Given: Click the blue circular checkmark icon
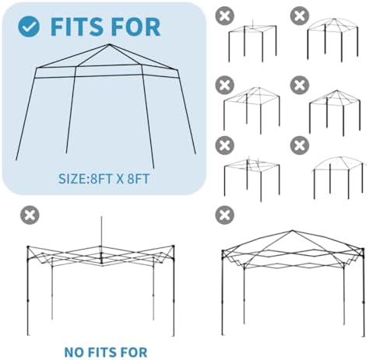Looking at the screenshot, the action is point(29,26).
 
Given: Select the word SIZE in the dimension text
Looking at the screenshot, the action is point(72,179).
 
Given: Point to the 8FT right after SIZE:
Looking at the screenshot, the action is point(101,179).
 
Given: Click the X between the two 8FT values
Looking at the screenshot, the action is point(120,179).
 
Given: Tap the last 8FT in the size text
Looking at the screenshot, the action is point(139,179).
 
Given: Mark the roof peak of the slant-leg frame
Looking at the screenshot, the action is point(109,44).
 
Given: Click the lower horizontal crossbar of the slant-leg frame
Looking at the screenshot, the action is point(107,76).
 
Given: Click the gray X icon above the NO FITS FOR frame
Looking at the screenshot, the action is point(30,215).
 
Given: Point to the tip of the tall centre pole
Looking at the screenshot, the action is point(101,217).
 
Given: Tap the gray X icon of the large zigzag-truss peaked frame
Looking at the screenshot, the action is point(225,215).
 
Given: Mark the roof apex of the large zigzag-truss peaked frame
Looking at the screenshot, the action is point(292,230).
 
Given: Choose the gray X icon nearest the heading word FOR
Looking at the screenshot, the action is point(225,16).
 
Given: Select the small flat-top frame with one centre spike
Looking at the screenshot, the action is point(252,41).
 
